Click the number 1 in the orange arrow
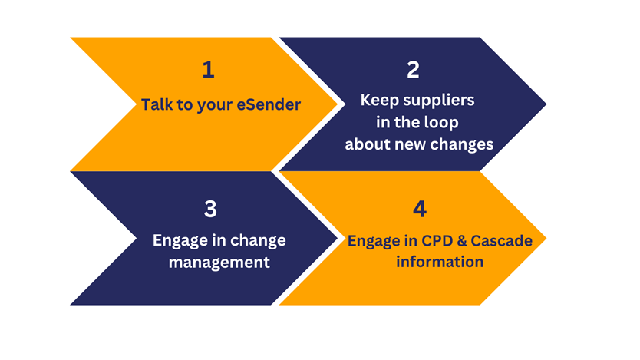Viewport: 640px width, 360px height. pos(209,69)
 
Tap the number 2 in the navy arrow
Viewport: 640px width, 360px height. pos(413,69)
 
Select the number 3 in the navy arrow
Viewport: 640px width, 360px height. pos(210,209)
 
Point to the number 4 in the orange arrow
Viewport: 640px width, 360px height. pos(420,209)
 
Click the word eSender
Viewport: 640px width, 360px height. pos(269,104)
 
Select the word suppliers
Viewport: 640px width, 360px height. pos(439,101)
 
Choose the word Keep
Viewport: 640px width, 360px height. pos(379,101)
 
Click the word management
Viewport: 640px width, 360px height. pos(219,262)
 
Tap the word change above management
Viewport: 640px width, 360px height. pos(259,240)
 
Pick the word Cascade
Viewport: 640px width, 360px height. pos(502,241)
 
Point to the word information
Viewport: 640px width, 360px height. pos(440,262)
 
